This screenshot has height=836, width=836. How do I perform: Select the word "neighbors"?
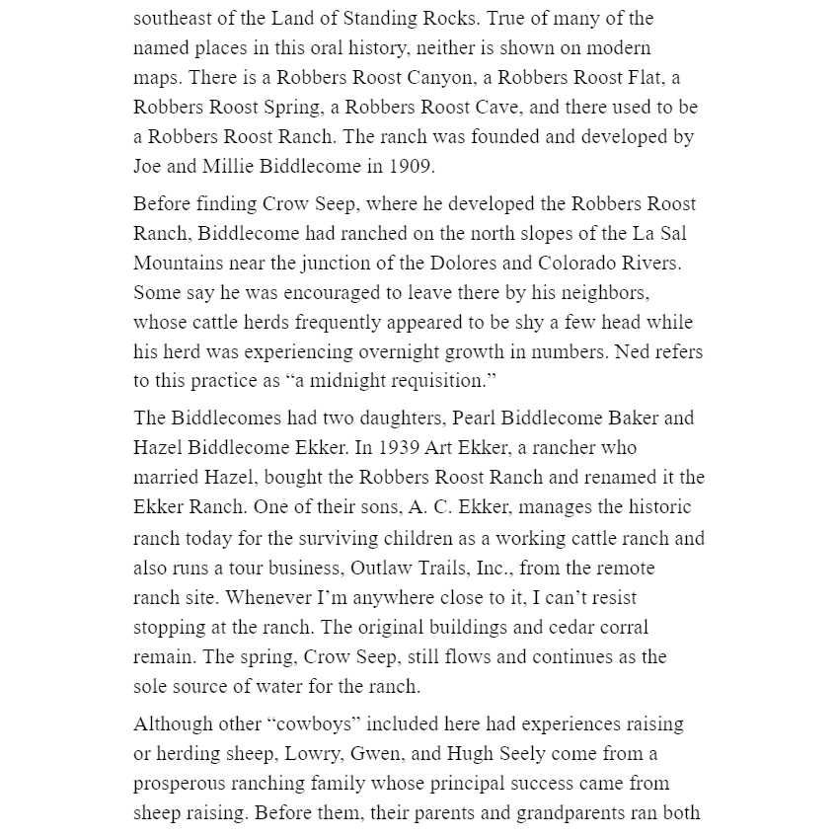point(605,292)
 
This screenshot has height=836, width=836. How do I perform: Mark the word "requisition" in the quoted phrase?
point(431,381)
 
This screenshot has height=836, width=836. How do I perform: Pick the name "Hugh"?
point(469,753)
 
